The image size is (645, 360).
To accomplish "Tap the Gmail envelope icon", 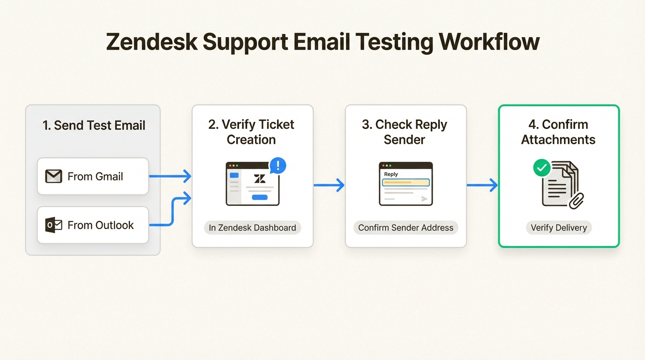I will coord(53,177).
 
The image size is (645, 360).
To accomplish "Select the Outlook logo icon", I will coord(53,225).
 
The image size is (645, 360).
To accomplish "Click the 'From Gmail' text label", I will coord(95,177).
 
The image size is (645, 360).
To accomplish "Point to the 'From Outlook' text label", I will coord(100,225).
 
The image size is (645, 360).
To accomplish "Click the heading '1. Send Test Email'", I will coord(94,126).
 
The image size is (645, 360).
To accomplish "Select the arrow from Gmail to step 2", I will coord(170,177).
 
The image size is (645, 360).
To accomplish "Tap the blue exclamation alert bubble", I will coord(278,165).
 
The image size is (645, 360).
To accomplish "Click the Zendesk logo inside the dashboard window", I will coord(259,179).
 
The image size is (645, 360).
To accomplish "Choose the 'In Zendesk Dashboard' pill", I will coord(252,228).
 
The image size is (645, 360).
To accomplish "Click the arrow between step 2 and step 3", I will coord(329,185).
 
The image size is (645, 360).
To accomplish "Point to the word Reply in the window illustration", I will coord(391,174).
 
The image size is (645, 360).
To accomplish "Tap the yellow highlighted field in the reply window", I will coord(405,182).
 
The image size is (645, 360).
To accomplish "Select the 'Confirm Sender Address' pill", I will coord(405,228).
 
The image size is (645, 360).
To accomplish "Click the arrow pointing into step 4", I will coord(482,185).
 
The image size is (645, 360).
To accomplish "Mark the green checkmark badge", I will coord(542,168).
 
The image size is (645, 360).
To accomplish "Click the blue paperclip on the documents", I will coord(576,200).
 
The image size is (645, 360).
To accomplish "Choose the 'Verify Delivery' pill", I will coord(558,228).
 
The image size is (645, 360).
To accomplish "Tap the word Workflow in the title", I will coord(489,42).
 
